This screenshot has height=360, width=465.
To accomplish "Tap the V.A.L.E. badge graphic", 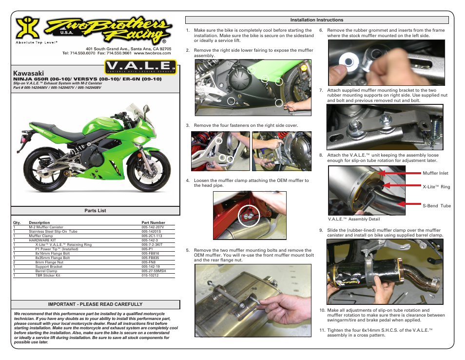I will click(x=140, y=67).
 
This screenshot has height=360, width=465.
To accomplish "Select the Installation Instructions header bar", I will click(x=317, y=20).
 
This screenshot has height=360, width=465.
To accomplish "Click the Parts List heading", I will click(x=95, y=211).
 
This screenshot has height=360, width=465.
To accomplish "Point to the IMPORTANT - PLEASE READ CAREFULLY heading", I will click(x=95, y=304).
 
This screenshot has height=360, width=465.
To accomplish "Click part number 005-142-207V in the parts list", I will click(x=153, y=227).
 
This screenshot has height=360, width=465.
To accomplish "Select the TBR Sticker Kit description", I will click(x=48, y=275).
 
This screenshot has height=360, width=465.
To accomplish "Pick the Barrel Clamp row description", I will click(x=46, y=271).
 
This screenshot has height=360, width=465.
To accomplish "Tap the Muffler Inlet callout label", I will click(x=435, y=173).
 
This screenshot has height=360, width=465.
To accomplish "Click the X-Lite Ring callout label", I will click(x=436, y=187).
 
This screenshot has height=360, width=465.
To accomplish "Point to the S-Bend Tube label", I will click(x=437, y=206).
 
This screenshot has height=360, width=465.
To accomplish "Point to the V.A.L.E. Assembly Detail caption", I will click(x=354, y=219).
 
